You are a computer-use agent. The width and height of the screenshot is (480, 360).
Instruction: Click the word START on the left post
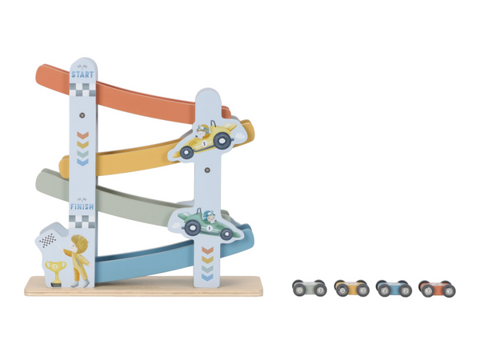point(82,74)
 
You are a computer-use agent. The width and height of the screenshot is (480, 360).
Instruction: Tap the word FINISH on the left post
point(82,207)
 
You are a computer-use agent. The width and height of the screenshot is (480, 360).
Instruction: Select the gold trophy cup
point(56,272)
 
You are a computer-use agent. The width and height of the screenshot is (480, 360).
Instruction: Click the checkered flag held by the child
point(48,240)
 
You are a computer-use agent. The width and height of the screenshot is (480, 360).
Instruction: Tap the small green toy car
point(310,288)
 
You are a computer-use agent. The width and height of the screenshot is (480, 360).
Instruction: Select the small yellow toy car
point(351,288)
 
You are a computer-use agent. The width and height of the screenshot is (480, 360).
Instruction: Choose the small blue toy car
point(394,288)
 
